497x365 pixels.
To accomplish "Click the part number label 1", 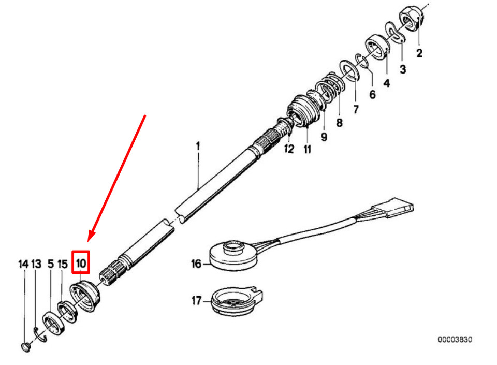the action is click(198, 147).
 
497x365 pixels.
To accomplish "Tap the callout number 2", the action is click(419, 53).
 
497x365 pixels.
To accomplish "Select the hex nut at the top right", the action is click(413, 21).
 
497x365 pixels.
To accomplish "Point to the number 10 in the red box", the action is click(81, 262).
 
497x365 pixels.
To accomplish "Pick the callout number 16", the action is click(196, 264).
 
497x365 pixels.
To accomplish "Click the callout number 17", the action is click(196, 300).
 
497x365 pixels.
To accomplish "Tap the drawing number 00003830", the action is click(455, 340).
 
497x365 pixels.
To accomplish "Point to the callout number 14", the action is click(23, 264).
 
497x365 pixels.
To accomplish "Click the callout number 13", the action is click(36, 264).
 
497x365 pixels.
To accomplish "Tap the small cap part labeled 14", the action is click(26, 346).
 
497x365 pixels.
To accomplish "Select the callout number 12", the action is click(289, 149).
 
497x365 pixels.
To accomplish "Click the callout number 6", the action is click(372, 95).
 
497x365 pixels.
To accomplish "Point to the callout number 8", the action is click(339, 123).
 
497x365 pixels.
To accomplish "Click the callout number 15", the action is click(63, 264).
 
